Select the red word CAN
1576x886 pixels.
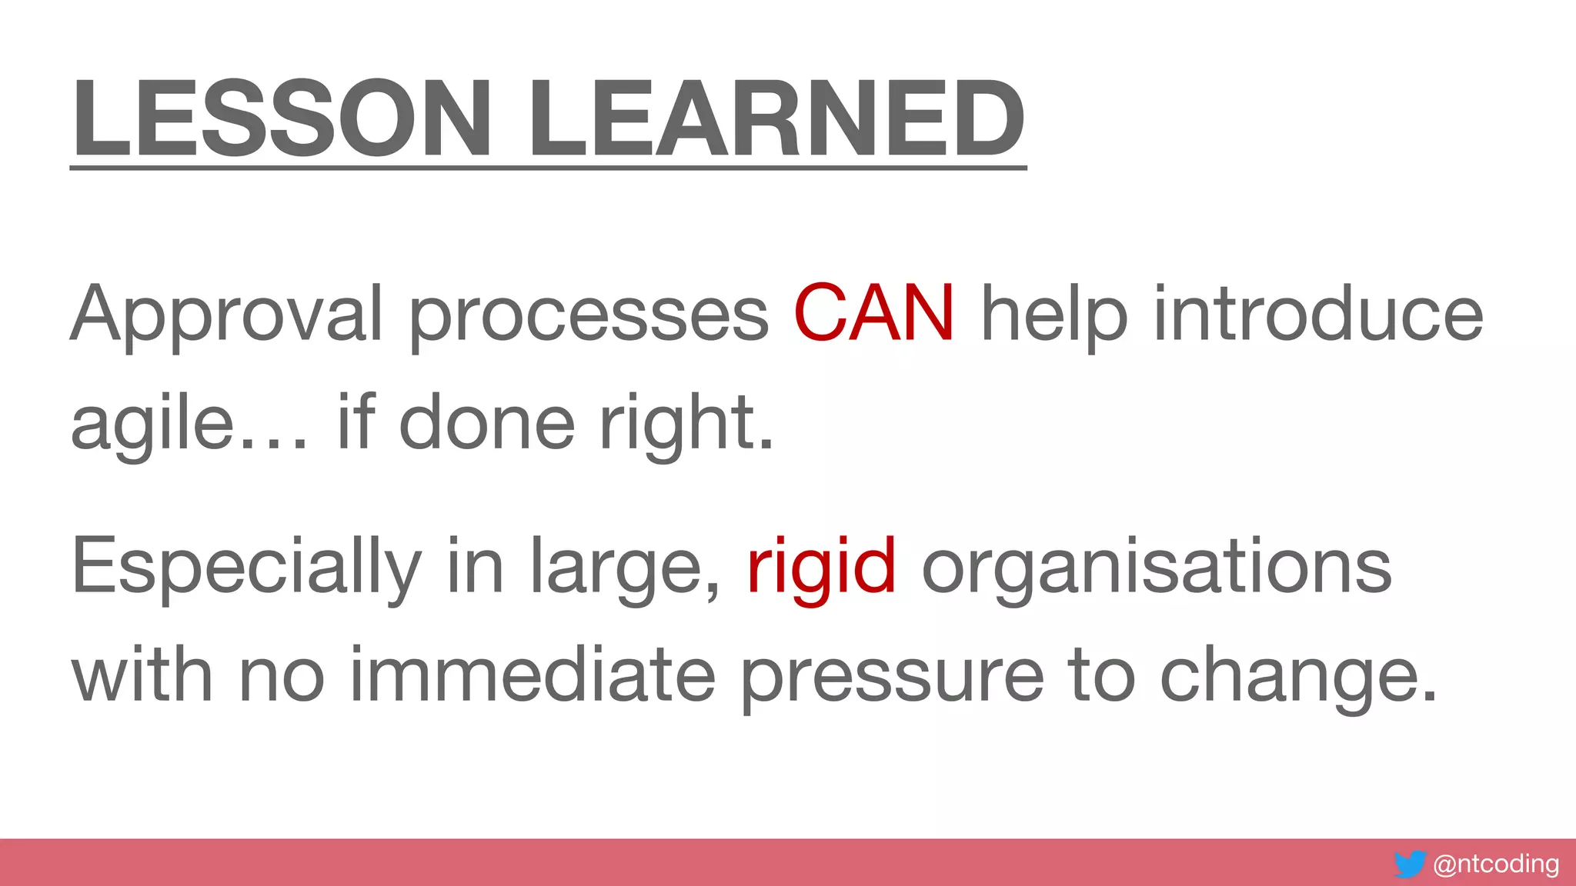point(874,313)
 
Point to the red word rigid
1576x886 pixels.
point(821,568)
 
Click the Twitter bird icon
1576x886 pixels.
point(1410,864)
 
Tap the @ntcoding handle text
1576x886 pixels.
point(1496,864)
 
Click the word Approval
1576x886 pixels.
point(226,315)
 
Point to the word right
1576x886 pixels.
point(685,423)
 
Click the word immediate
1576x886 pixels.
point(533,675)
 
